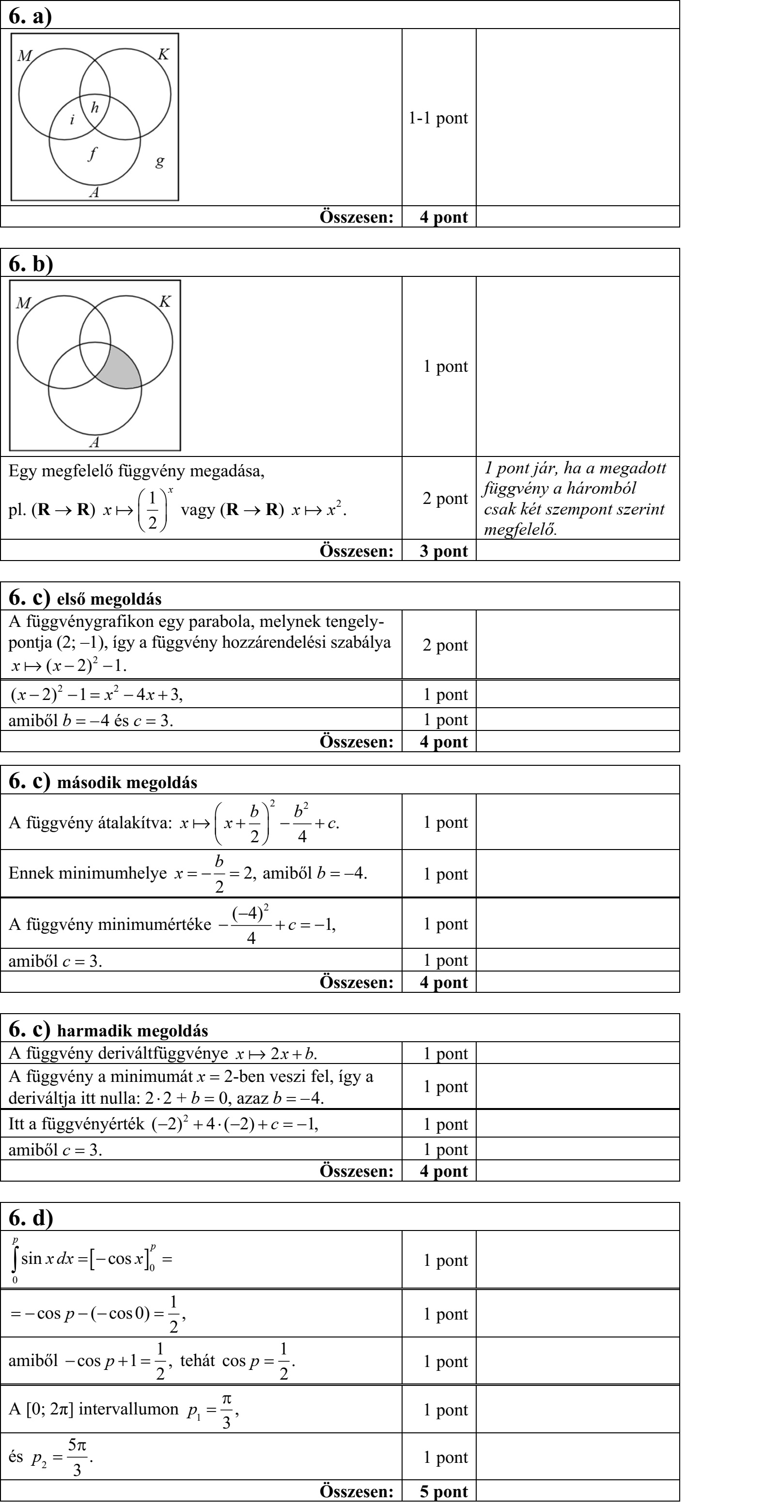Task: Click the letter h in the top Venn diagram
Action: coord(94,107)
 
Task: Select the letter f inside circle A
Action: coord(93,154)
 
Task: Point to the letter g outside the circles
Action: coord(159,161)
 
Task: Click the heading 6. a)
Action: coord(31,16)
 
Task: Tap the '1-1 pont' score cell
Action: coord(438,118)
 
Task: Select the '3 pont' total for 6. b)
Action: coord(443,551)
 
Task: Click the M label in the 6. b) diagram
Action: coord(23,303)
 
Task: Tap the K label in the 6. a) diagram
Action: coord(164,54)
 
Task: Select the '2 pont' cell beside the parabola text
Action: coord(445,645)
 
